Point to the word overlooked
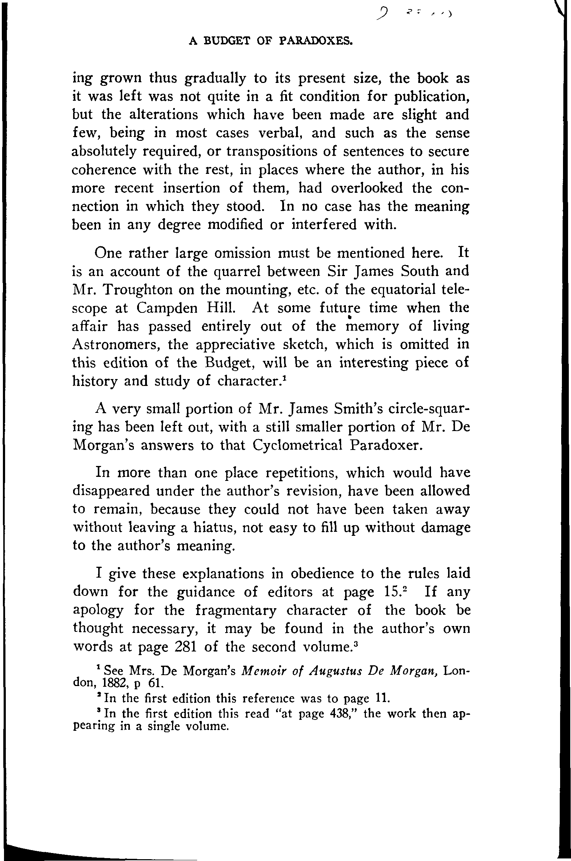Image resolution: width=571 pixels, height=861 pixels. [367, 188]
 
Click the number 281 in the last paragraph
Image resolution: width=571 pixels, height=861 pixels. [186, 647]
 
